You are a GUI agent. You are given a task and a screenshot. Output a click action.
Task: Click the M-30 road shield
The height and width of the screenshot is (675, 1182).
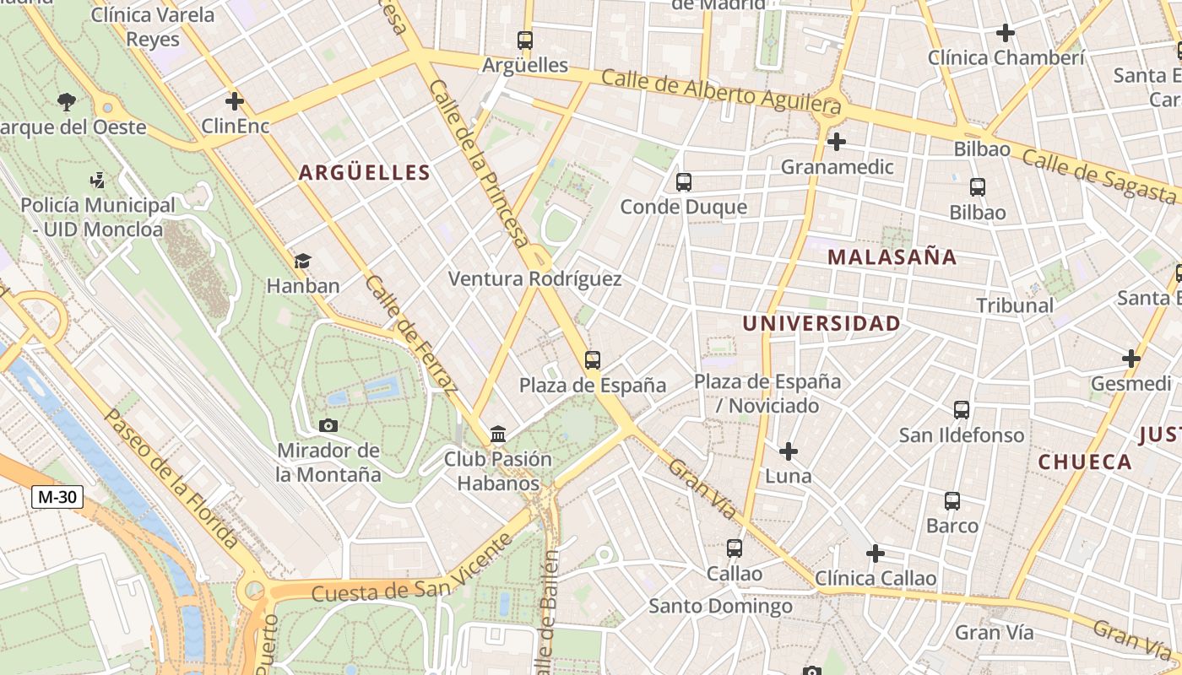pyautogui.click(x=57, y=497)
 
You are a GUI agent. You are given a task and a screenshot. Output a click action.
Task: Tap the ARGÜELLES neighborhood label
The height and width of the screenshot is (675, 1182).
pyautogui.click(x=365, y=173)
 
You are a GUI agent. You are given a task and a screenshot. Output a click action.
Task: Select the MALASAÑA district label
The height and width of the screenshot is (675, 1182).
pyautogui.click(x=892, y=257)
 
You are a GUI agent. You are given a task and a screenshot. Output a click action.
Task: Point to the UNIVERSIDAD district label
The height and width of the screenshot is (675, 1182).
pyautogui.click(x=821, y=323)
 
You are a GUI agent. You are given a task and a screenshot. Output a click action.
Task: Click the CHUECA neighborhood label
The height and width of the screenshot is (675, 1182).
pyautogui.click(x=1085, y=462)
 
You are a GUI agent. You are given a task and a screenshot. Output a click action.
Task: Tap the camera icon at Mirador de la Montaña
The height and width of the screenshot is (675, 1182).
pyautogui.click(x=329, y=425)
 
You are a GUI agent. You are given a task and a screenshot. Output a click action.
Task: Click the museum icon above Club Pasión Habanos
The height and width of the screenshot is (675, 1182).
pyautogui.click(x=498, y=435)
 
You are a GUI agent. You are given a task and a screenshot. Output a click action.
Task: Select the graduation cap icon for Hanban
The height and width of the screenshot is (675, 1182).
pyautogui.click(x=302, y=262)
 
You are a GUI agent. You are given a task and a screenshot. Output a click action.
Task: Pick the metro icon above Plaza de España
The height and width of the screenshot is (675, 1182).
pyautogui.click(x=593, y=360)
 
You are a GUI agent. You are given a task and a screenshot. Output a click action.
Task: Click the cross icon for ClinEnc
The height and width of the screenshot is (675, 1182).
pyautogui.click(x=235, y=102)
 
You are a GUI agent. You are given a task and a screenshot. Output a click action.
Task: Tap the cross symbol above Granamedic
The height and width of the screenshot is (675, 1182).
pyautogui.click(x=837, y=142)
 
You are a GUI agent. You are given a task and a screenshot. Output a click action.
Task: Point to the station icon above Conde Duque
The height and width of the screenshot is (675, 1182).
pyautogui.click(x=684, y=182)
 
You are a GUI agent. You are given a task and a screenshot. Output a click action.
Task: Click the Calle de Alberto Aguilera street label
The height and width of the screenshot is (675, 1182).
pyautogui.click(x=721, y=92)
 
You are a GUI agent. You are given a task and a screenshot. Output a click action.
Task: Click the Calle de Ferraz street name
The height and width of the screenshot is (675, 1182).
pyautogui.click(x=412, y=334)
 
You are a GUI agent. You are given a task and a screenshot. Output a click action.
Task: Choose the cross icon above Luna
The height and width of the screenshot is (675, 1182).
pyautogui.click(x=789, y=451)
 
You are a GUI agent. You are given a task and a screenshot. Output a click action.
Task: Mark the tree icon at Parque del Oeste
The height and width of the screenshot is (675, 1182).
pyautogui.click(x=67, y=103)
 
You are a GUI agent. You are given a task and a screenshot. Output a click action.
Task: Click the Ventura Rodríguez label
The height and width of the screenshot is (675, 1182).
pyautogui.click(x=534, y=279)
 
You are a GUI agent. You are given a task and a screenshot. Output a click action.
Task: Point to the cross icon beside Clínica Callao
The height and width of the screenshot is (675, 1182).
pyautogui.click(x=876, y=553)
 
